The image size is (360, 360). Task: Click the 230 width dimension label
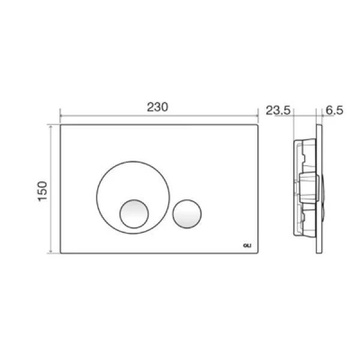click(x=157, y=107)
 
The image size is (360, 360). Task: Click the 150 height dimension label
click(x=43, y=191)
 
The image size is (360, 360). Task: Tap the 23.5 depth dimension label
click(x=278, y=110)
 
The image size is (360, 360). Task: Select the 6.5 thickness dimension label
click(x=335, y=110)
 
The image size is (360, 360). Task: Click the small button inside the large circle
click(x=134, y=214)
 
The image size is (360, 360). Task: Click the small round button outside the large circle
click(x=187, y=214)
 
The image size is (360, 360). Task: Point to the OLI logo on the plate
click(x=247, y=245)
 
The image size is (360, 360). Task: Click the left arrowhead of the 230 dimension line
click(x=61, y=116)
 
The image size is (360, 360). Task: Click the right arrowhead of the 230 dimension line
click(x=257, y=116)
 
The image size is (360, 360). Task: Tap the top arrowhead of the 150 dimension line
click(x=51, y=126)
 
